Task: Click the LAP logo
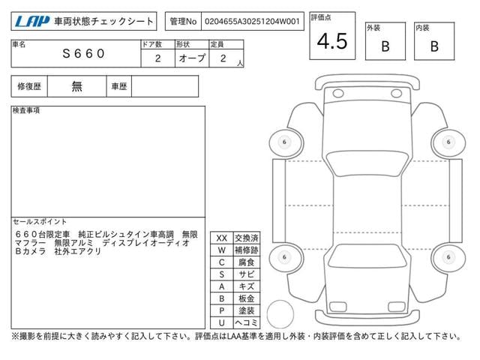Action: (32, 22)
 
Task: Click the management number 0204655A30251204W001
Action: (252, 22)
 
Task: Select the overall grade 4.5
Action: (332, 41)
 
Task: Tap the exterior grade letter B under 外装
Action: (385, 46)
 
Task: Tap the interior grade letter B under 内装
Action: (434, 46)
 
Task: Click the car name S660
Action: (83, 53)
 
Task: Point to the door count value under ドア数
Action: (158, 58)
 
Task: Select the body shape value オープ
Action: (192, 58)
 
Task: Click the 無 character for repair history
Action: (76, 87)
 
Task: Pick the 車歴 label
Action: (118, 87)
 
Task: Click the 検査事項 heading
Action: (26, 110)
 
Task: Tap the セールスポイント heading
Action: (40, 222)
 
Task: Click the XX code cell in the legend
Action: (222, 238)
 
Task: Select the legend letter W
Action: (222, 250)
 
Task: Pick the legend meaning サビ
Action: (247, 274)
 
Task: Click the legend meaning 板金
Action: (247, 298)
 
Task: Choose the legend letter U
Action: (222, 322)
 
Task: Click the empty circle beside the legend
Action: (280, 314)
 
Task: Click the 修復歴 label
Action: (29, 87)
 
